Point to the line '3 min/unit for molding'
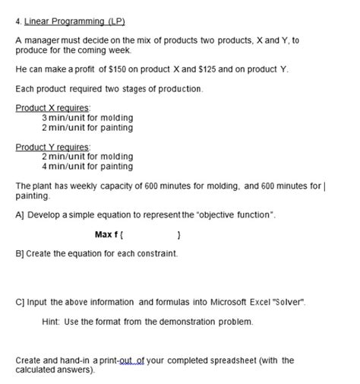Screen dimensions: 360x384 [x=87, y=118]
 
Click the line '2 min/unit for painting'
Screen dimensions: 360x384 [x=87, y=127]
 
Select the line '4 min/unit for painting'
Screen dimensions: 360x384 [x=87, y=166]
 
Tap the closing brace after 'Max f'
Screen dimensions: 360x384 [x=177, y=234]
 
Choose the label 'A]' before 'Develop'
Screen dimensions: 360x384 [x=20, y=216]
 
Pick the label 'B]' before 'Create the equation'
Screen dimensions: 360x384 [x=20, y=252]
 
